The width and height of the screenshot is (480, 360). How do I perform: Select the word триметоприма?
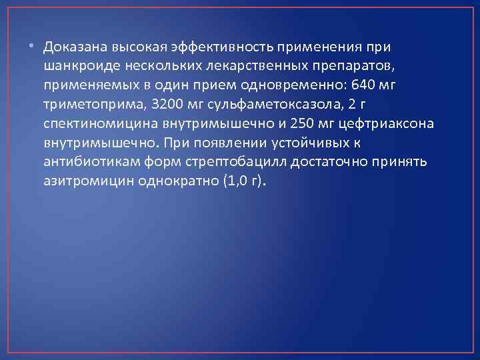pyautogui.click(x=87, y=105)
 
